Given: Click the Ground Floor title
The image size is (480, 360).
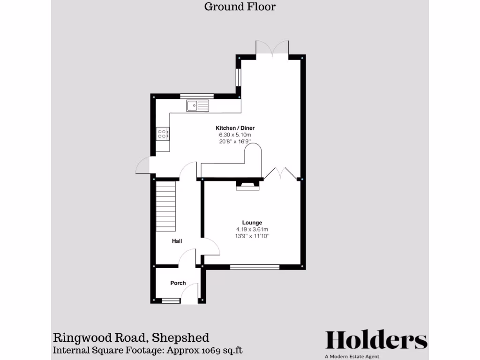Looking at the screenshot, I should pos(240,7).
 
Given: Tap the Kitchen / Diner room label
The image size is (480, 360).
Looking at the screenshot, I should pos(235,128).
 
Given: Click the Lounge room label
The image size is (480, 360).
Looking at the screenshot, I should pos(252,223).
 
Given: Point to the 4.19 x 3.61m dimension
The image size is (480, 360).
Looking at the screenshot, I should pos(252,229).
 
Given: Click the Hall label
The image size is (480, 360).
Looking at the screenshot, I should pos(177,241).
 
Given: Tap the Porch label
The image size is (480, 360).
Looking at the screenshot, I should pos(178,283).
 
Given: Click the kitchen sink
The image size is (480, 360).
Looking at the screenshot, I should pos(197,106).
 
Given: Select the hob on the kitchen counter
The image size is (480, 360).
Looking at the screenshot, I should pos(163,134).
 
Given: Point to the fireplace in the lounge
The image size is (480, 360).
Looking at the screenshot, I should pos(247,185).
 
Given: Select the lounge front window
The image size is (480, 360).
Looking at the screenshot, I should pos(255,267).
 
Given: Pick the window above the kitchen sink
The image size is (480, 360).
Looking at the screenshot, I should pos(197,96).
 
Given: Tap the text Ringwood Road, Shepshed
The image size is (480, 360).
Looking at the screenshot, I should pos(131,337).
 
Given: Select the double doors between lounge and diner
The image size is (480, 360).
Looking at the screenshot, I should pos(281,173).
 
